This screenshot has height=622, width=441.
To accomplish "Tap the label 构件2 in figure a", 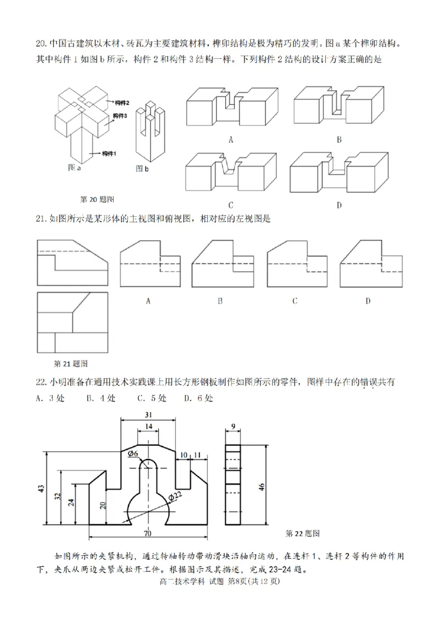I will click(122, 102).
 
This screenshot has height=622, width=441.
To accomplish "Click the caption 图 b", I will click(142, 169).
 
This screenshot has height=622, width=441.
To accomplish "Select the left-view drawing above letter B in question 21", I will click(220, 263).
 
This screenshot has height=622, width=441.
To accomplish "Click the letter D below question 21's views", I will click(368, 301).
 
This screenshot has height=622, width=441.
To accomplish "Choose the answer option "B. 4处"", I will click(101, 397).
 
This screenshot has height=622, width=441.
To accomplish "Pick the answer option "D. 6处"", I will click(198, 397).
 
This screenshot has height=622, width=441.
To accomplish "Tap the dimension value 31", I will click(148, 415).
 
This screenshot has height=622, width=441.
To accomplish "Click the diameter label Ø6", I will click(132, 453).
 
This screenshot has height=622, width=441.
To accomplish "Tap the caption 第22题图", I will click(303, 533).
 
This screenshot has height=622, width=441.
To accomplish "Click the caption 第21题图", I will click(71, 363).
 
